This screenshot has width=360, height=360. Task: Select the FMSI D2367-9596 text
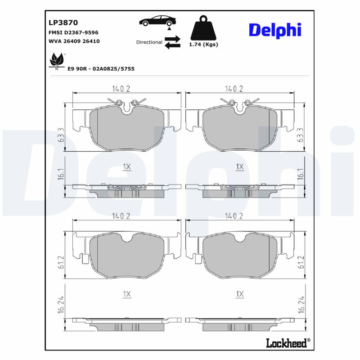coord(73,33)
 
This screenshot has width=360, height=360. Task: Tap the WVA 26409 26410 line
coord(73,41)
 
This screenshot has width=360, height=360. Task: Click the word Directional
coord(149,42)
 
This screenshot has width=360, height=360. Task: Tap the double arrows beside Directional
coord(172,42)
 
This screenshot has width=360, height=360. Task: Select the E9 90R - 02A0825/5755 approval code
coord(101,68)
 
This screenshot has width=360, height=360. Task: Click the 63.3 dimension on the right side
coord(301,135)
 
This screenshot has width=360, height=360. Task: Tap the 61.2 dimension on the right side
coord(301,261)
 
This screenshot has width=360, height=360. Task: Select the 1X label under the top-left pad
coord(126,167)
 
